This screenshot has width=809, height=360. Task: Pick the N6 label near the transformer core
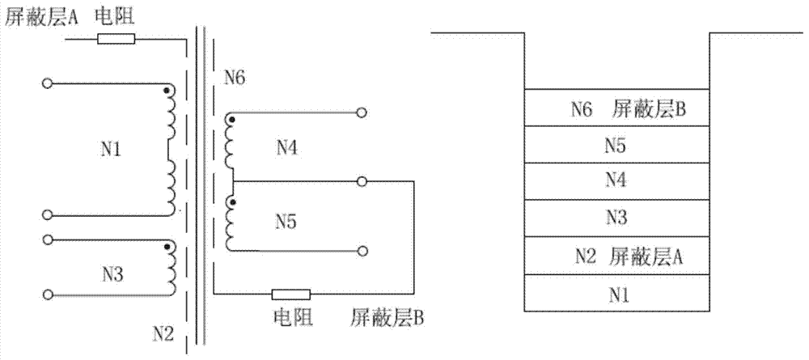coord(235,78)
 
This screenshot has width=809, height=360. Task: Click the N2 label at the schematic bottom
coord(163,332)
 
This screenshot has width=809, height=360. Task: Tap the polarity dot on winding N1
coord(167,91)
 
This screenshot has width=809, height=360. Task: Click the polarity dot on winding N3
coord(167,248)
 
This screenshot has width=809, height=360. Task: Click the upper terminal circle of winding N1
coord(48,83)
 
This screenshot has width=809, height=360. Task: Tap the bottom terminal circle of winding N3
coord(48,294)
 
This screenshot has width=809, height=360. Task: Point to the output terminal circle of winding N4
coord(363,113)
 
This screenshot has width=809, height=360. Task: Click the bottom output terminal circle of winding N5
coord(363,250)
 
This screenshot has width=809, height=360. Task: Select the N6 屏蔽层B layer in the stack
coord(617,108)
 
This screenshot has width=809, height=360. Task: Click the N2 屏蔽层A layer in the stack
coord(617,256)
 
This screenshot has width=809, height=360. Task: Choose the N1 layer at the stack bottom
coord(617,294)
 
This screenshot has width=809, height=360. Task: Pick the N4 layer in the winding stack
coord(617,182)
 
